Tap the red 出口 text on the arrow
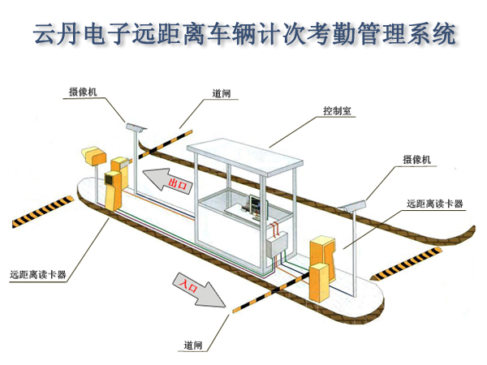click(178, 185)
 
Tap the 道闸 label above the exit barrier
click(222, 94)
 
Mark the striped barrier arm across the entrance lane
click(268, 293)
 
